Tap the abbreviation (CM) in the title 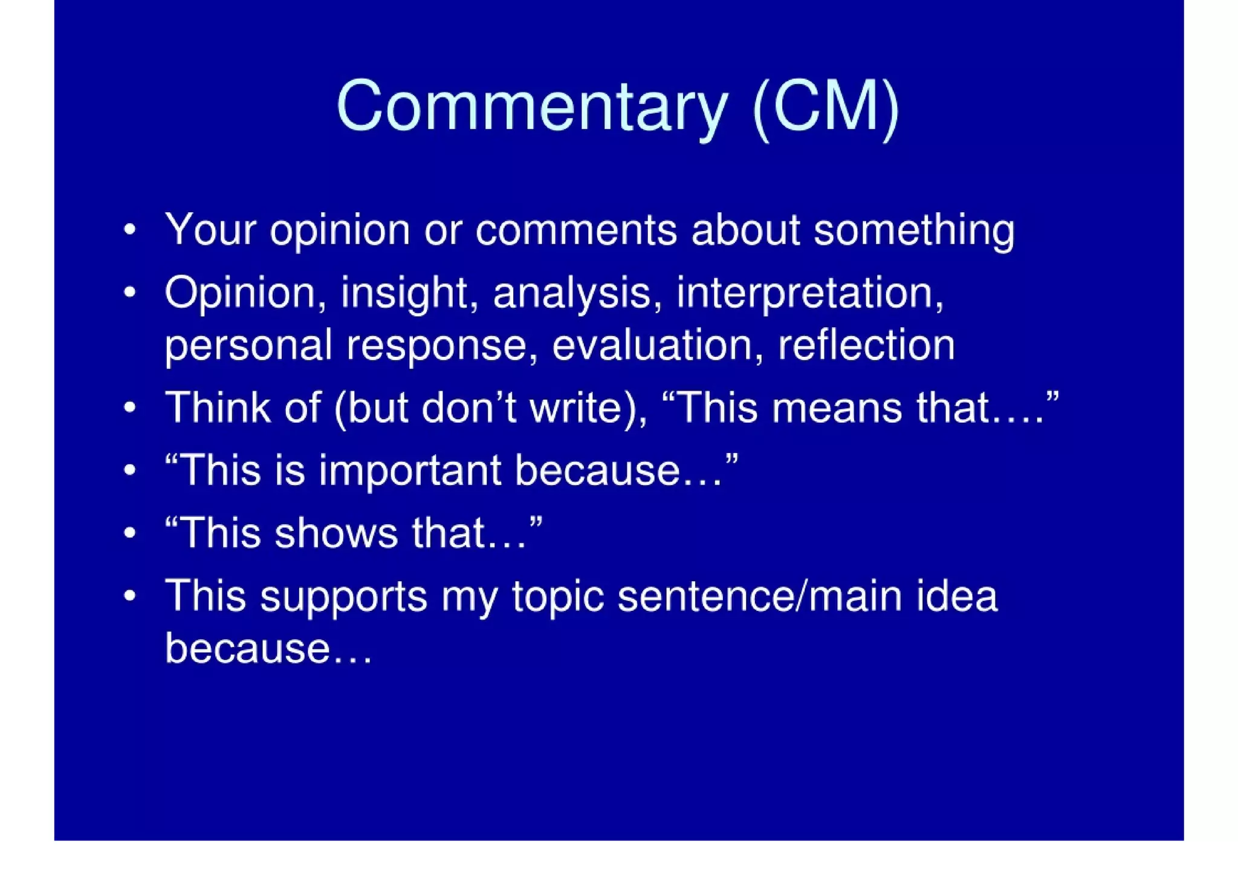(826, 107)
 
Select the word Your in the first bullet (211, 230)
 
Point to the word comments (576, 230)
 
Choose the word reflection (866, 345)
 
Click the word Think (218, 408)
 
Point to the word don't (468, 408)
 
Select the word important (410, 470)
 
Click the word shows (336, 533)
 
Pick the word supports (343, 597)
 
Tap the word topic (558, 597)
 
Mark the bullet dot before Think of (129, 408)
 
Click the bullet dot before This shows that (129, 533)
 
